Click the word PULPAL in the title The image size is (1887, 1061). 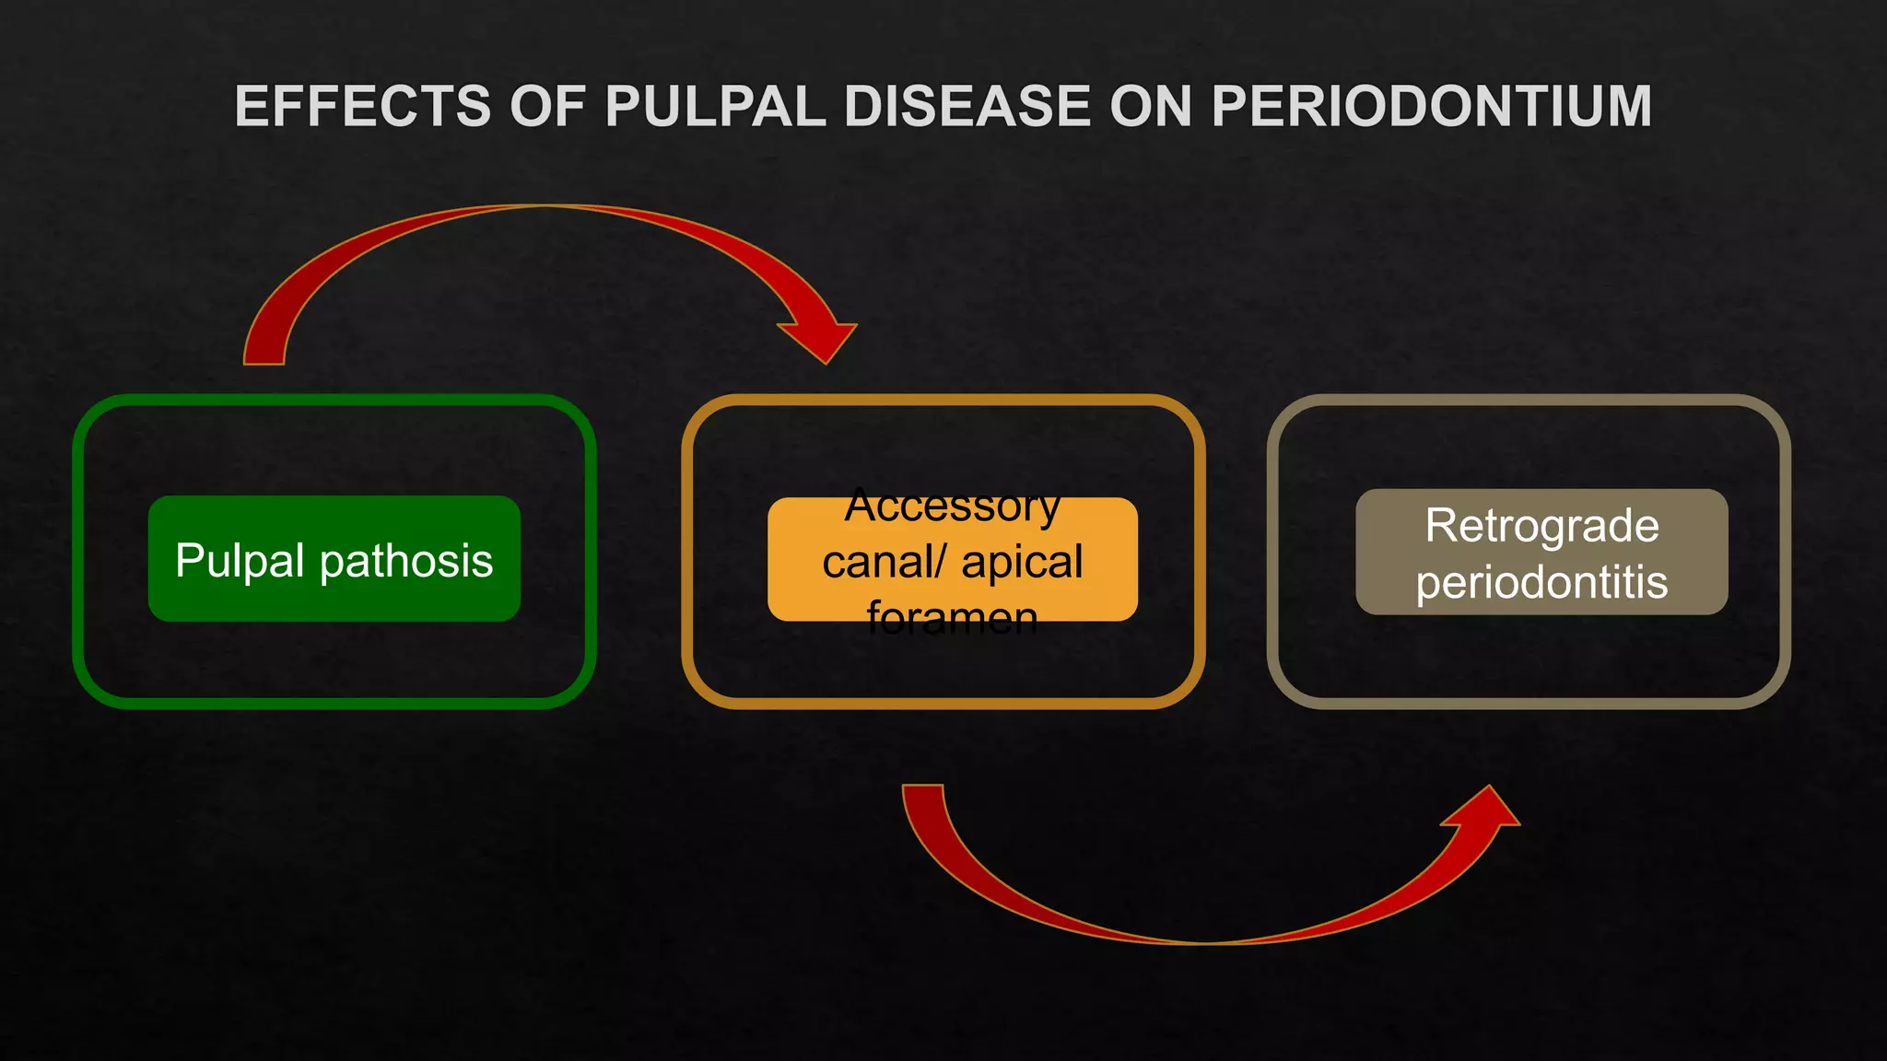(x=715, y=107)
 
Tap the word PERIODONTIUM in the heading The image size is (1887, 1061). (x=1431, y=107)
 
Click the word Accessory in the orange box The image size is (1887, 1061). (x=953, y=507)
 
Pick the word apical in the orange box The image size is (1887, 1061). (x=1022, y=562)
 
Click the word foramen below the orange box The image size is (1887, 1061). (x=953, y=617)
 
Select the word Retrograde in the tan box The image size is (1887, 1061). (x=1541, y=526)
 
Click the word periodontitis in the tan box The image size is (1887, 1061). (x=1541, y=583)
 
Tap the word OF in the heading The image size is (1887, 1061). (x=547, y=107)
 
